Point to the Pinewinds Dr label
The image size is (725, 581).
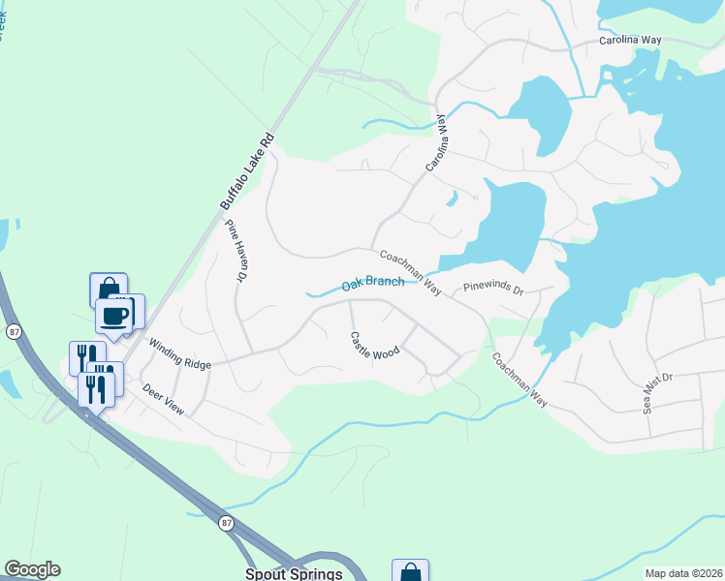[492, 289]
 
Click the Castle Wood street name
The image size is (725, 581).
[374, 345]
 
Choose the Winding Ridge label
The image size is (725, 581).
[179, 352]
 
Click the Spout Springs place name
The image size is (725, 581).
[294, 573]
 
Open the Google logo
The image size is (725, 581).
[32, 569]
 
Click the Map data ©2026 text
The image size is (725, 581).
[683, 573]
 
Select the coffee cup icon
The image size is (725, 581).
[114, 316]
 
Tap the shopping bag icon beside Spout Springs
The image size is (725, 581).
[410, 572]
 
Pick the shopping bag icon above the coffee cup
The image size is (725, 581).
[109, 288]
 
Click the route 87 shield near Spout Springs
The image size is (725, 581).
[225, 522]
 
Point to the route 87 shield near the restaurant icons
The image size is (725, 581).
[13, 331]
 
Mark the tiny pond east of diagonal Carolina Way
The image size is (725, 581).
[452, 199]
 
